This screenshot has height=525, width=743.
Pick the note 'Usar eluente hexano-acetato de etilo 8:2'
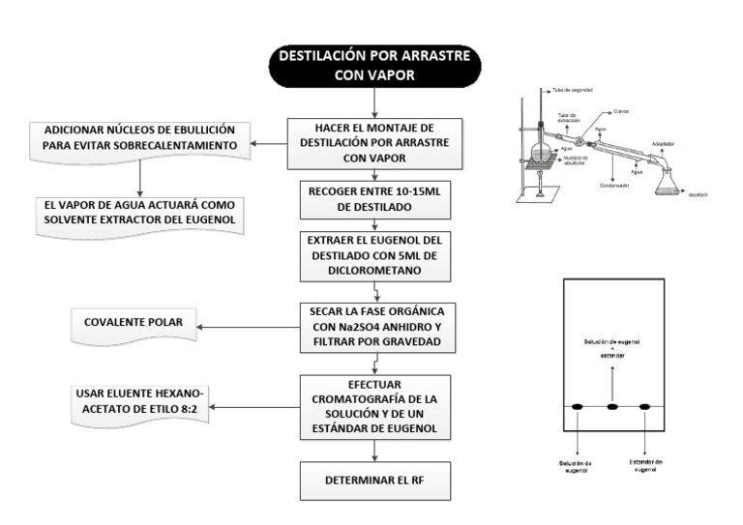[x=141, y=405]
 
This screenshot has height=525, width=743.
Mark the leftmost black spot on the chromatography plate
[x=578, y=407]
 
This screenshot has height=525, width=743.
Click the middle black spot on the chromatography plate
[x=611, y=407]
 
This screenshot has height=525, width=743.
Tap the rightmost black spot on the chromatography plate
[x=646, y=407]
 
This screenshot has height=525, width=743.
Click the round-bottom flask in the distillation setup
[x=542, y=155]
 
